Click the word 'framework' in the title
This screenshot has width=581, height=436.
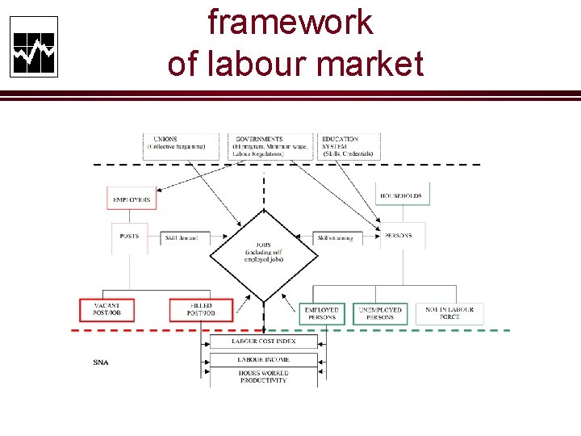290,22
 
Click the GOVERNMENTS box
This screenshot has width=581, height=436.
270,145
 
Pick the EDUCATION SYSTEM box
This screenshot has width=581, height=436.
349,145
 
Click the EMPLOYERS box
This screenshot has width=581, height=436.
131,199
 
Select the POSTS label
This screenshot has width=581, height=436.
128,237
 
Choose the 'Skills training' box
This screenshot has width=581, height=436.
335,238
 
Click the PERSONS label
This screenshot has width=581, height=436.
399,236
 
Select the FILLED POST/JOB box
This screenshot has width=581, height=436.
200,310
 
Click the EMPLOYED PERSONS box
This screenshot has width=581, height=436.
323,313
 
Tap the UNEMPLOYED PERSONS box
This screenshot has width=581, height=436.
380,313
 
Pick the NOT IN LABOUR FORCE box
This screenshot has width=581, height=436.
449,313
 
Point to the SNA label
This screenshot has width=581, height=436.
101,363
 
